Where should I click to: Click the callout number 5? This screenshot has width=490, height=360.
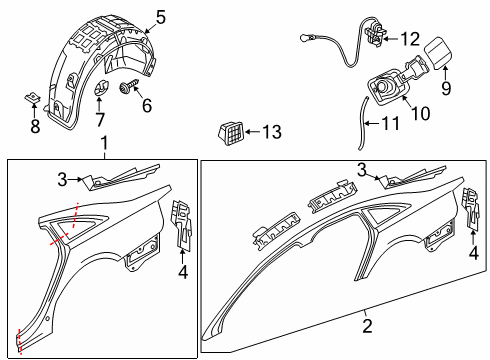click(161, 17)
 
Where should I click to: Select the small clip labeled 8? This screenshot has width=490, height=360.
click(33, 98)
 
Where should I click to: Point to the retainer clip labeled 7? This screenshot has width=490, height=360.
click(100, 88)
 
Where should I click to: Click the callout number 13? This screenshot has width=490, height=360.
click(272, 132)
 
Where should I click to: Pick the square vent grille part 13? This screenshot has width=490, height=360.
click(231, 133)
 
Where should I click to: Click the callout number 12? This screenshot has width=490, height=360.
click(410, 39)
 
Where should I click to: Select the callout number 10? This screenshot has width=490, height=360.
click(421, 113)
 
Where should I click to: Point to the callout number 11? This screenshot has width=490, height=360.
click(390, 123)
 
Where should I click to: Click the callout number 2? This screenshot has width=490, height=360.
click(367, 326)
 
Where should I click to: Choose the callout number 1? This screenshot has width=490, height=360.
click(104, 143)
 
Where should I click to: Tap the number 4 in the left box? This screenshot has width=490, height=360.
click(183, 272)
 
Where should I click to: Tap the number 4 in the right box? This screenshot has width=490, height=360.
click(474, 253)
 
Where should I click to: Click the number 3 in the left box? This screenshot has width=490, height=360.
click(62, 180)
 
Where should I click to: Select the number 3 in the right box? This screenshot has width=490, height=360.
click(362, 170)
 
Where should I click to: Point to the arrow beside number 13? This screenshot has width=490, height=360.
click(252, 132)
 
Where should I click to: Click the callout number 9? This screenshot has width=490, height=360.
click(446, 88)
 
